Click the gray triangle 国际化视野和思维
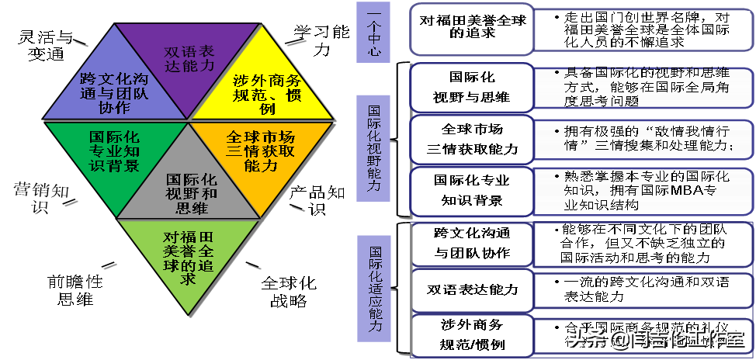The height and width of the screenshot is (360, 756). pos(186,186)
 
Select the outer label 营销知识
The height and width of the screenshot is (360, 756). pos(39,198)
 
